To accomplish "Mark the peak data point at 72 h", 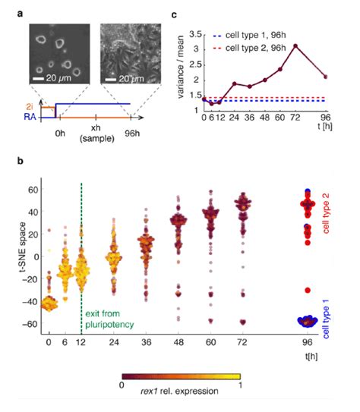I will (295, 46).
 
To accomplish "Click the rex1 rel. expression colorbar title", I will (181, 392).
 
